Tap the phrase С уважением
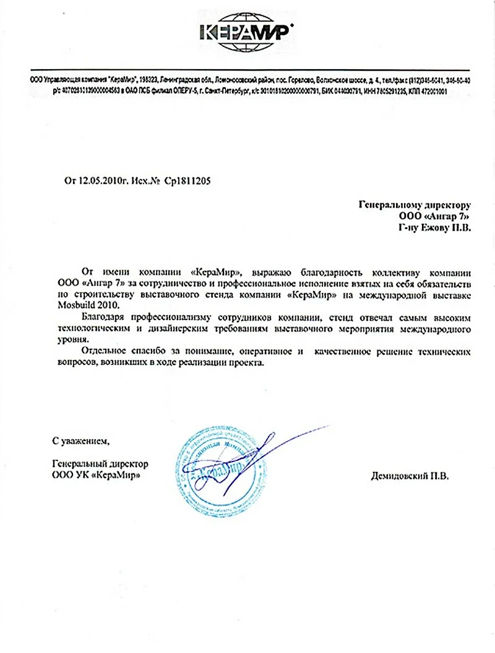point(80,441)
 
